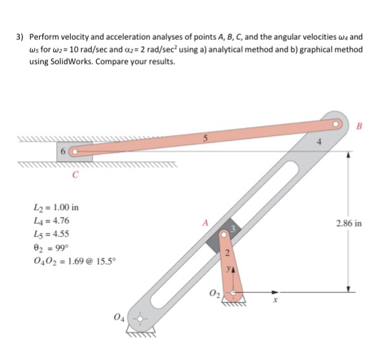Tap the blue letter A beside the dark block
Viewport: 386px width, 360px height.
click(x=204, y=222)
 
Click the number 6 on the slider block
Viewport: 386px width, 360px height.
click(x=63, y=152)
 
